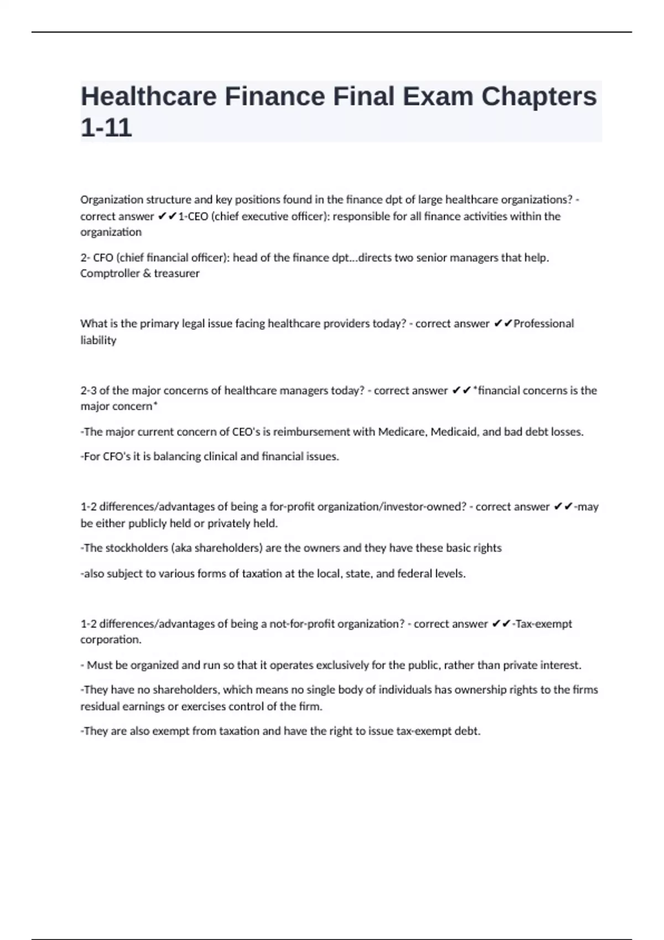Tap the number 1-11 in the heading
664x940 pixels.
(106, 127)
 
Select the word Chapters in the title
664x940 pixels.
(539, 96)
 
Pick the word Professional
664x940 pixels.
(543, 323)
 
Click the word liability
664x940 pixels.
(98, 340)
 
